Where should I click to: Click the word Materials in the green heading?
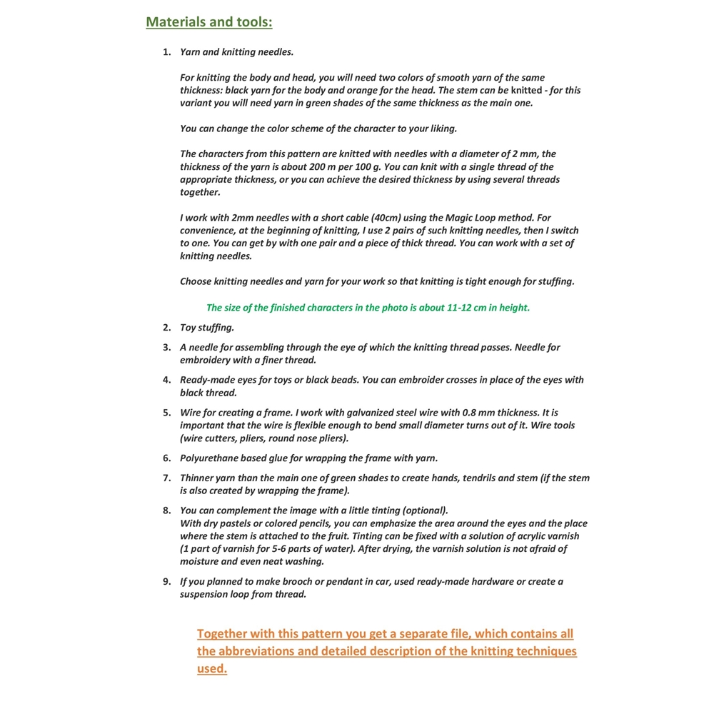tap(178, 22)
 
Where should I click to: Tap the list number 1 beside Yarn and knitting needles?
tap(166, 52)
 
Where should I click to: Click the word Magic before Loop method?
tap(460, 218)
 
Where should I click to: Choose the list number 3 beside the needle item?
tap(166, 348)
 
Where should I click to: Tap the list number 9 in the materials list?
tap(166, 582)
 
